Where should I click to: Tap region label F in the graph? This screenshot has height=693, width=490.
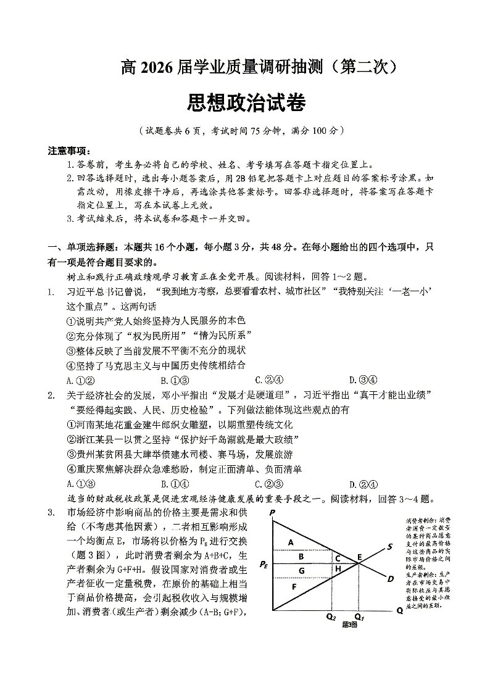click(294, 586)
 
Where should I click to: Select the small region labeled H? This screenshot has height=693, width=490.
click(338, 568)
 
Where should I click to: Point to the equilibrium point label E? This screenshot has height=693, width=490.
click(359, 557)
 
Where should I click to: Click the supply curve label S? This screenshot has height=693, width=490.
click(390, 546)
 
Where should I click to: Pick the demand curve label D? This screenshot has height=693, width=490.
click(390, 578)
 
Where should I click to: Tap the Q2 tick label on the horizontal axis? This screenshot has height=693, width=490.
click(331, 616)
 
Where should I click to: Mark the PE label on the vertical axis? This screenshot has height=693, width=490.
click(264, 563)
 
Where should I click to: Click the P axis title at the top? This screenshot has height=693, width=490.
click(272, 513)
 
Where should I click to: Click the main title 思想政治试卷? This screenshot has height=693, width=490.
click(245, 104)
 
